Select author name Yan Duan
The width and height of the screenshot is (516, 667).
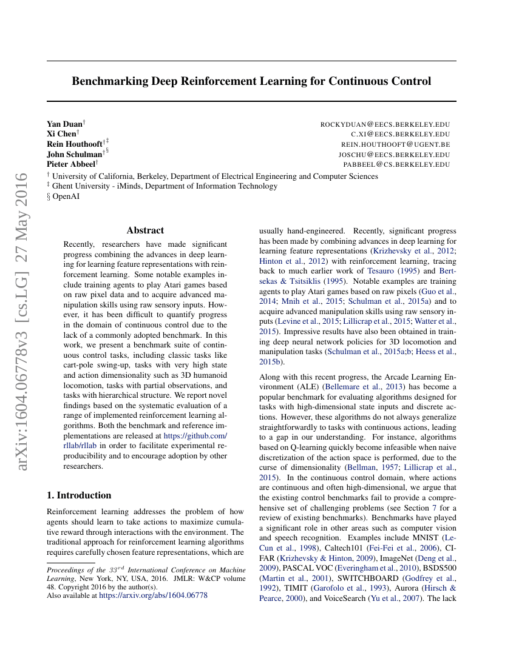[64, 124]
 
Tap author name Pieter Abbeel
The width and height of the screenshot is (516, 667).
[71, 164]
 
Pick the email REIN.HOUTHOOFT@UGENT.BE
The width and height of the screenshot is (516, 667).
[395, 144]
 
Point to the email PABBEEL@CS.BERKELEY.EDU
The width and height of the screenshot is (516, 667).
[396, 164]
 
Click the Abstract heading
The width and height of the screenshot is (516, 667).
[145, 230]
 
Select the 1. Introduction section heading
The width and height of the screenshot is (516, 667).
[79, 495]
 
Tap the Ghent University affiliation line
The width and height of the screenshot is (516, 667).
[165, 186]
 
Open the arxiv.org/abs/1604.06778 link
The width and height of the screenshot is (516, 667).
[153, 595]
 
